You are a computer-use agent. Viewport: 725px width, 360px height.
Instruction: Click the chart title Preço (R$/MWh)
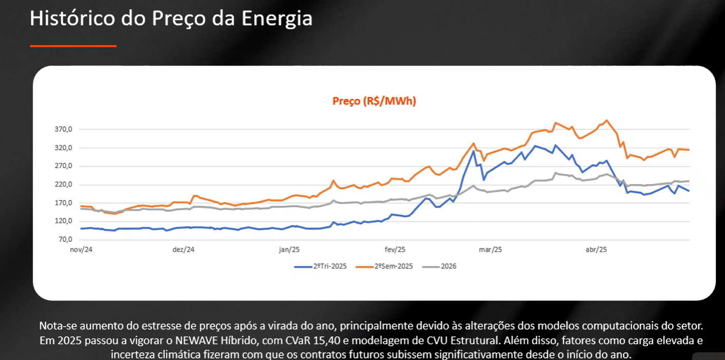pos(374,101)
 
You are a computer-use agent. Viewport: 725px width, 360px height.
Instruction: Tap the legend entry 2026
pos(448,266)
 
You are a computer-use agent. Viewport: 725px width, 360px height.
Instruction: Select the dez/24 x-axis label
pos(184,250)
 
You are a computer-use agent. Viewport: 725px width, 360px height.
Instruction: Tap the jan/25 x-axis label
pos(289,250)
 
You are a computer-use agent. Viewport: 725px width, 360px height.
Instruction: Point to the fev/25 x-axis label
pos(395,250)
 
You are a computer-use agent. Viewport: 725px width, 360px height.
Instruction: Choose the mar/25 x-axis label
pos(491,250)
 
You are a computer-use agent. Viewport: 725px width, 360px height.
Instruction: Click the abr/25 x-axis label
pos(596,250)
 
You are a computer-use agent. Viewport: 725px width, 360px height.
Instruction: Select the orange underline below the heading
pos(73,46)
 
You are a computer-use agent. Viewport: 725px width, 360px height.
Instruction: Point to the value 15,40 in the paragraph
pos(321,341)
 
